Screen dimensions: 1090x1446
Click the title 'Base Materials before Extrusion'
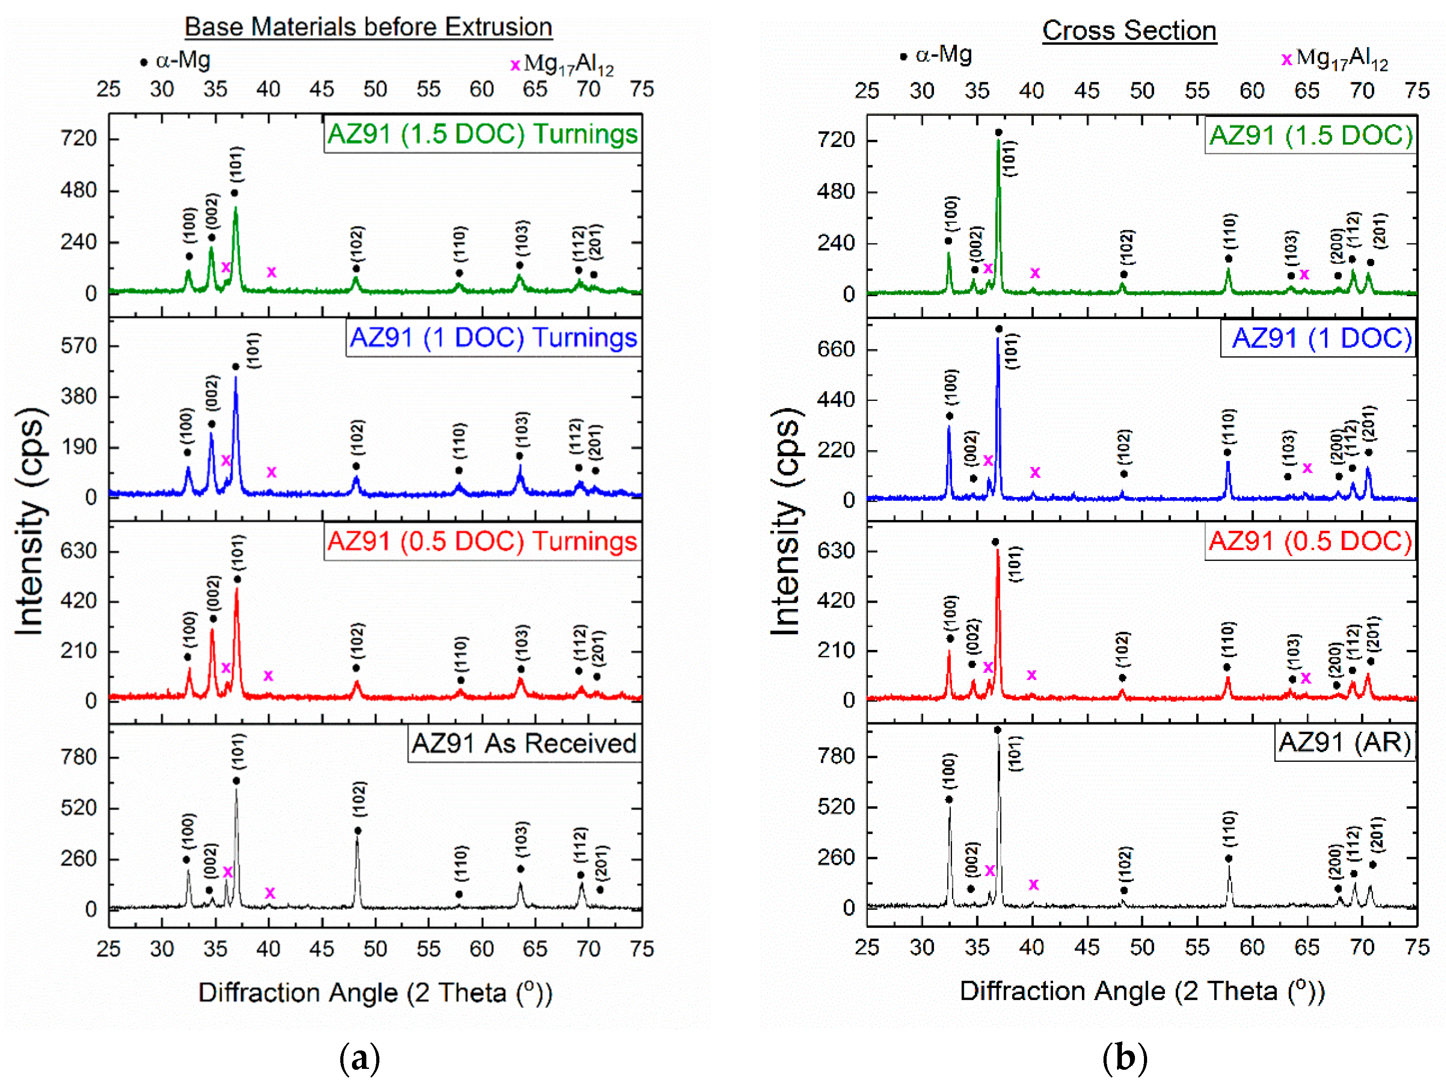(368, 27)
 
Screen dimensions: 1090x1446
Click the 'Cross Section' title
(1129, 31)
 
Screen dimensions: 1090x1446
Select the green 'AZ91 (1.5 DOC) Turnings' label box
(482, 134)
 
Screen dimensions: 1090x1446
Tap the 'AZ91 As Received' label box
(524, 743)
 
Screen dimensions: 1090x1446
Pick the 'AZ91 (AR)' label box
(1345, 743)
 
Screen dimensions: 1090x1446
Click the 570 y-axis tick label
(79, 346)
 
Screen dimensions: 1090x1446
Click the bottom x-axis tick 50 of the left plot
(375, 949)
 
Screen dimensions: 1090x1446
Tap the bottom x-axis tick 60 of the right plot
(1252, 948)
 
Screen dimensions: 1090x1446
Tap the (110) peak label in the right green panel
(1230, 231)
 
